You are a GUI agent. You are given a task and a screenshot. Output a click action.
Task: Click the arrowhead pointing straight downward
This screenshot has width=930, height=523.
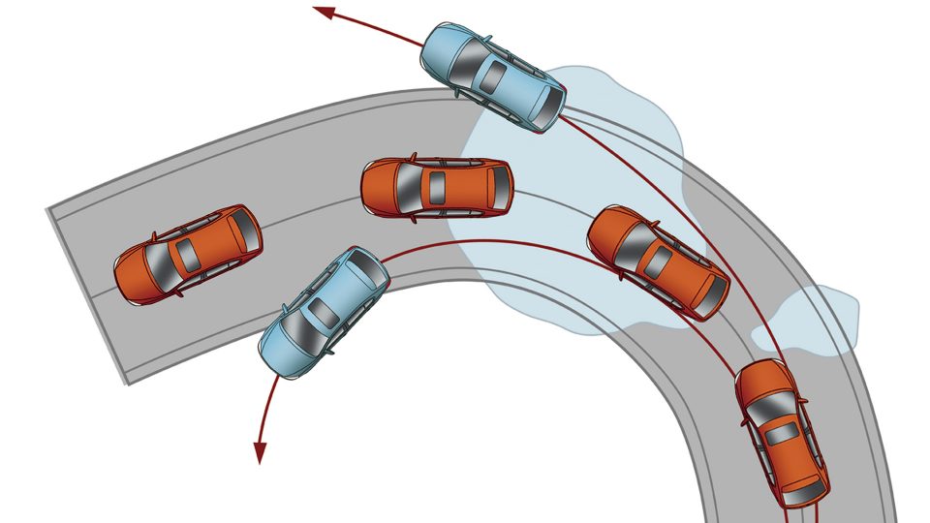tap(260, 452)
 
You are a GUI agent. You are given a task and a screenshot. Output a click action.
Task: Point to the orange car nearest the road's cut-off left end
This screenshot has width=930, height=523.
tap(188, 256)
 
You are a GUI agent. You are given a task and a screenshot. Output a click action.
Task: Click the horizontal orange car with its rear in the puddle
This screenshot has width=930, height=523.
tap(437, 186)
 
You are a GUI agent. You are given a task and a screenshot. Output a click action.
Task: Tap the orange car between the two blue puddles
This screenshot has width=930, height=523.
tap(658, 261)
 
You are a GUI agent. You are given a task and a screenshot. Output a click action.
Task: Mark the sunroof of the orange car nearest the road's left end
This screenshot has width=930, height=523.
tap(184, 255)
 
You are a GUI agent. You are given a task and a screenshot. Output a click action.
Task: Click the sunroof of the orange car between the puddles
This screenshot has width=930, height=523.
tap(659, 262)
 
